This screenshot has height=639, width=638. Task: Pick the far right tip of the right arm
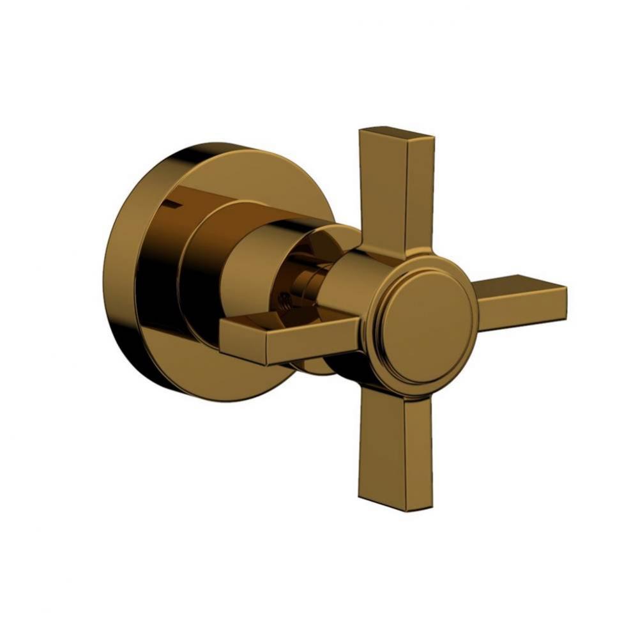pos(563,300)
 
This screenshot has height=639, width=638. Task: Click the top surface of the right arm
pos(517,286)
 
